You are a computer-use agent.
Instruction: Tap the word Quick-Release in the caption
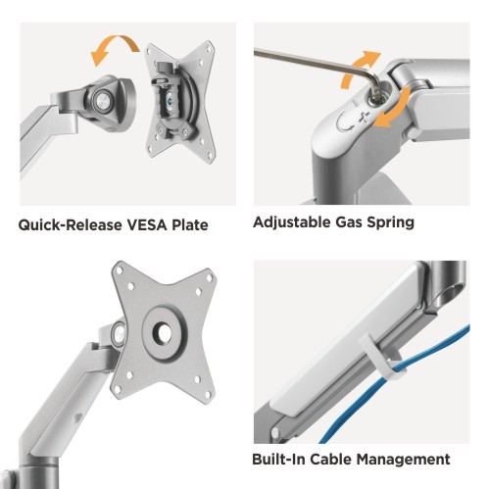(70, 225)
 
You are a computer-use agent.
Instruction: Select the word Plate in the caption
(190, 224)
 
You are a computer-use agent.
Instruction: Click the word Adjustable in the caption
(292, 222)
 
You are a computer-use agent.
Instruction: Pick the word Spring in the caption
(391, 223)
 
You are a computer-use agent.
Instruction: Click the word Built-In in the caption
(278, 459)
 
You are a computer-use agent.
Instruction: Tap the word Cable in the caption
(330, 459)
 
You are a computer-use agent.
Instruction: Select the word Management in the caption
(403, 460)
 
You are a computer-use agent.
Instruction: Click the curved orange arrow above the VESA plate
(115, 42)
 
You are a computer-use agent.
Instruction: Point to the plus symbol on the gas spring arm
(364, 118)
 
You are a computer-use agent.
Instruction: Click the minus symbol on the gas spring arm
(356, 102)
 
